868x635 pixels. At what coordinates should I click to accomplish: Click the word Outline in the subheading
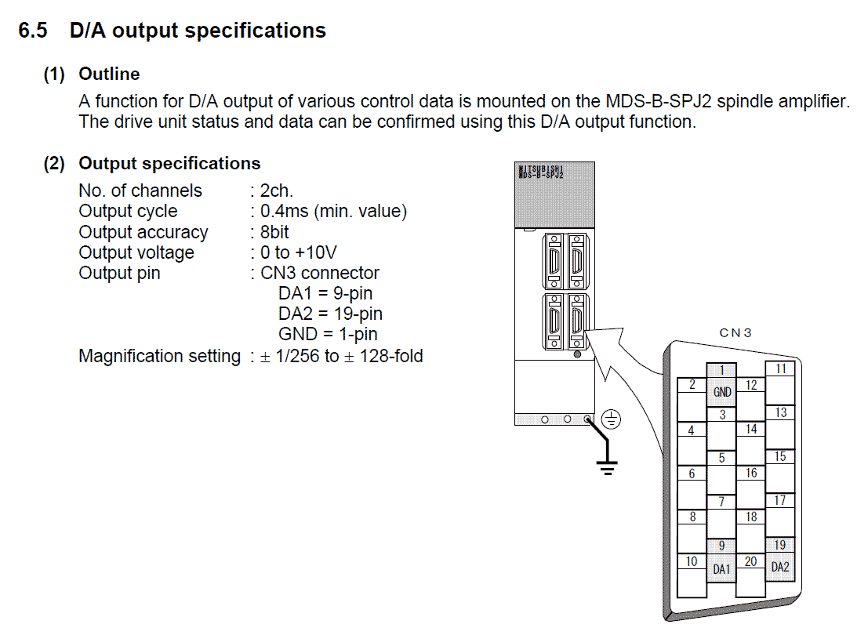(x=109, y=74)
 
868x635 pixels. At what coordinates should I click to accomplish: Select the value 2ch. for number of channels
(x=276, y=190)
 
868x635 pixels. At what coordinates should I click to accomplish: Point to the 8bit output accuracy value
(x=274, y=232)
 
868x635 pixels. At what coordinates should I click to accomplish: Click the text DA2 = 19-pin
(x=330, y=314)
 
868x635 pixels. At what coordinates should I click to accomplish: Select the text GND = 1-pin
(x=328, y=334)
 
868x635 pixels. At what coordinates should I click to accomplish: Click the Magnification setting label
(x=159, y=356)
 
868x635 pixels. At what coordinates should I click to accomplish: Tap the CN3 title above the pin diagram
(x=735, y=332)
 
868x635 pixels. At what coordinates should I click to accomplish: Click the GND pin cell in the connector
(x=722, y=391)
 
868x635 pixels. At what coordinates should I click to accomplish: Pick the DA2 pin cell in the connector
(x=780, y=566)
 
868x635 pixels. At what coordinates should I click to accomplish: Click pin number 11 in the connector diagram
(x=780, y=368)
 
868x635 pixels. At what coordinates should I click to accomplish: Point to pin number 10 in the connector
(x=692, y=561)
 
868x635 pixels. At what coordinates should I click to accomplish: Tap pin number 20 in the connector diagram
(x=750, y=561)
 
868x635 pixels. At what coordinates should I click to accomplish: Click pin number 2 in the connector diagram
(x=692, y=385)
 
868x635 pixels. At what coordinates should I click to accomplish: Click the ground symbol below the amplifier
(x=606, y=466)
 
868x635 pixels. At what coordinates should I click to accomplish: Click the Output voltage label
(x=136, y=252)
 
